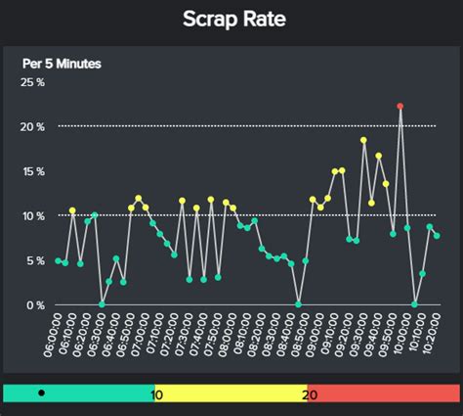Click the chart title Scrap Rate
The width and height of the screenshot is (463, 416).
pyautogui.click(x=231, y=20)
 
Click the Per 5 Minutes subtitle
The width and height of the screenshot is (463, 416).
pyautogui.click(x=62, y=64)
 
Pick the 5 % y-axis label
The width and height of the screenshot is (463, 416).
pyautogui.click(x=35, y=260)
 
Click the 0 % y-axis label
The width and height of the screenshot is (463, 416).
pyautogui.click(x=35, y=304)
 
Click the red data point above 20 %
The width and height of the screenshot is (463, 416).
pyautogui.click(x=400, y=106)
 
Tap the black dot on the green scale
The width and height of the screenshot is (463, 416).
pyautogui.click(x=41, y=393)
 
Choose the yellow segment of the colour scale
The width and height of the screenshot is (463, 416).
pyautogui.click(x=234, y=393)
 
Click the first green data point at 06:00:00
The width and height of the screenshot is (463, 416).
pyautogui.click(x=58, y=260)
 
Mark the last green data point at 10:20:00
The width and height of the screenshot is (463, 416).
pyautogui.click(x=437, y=236)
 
